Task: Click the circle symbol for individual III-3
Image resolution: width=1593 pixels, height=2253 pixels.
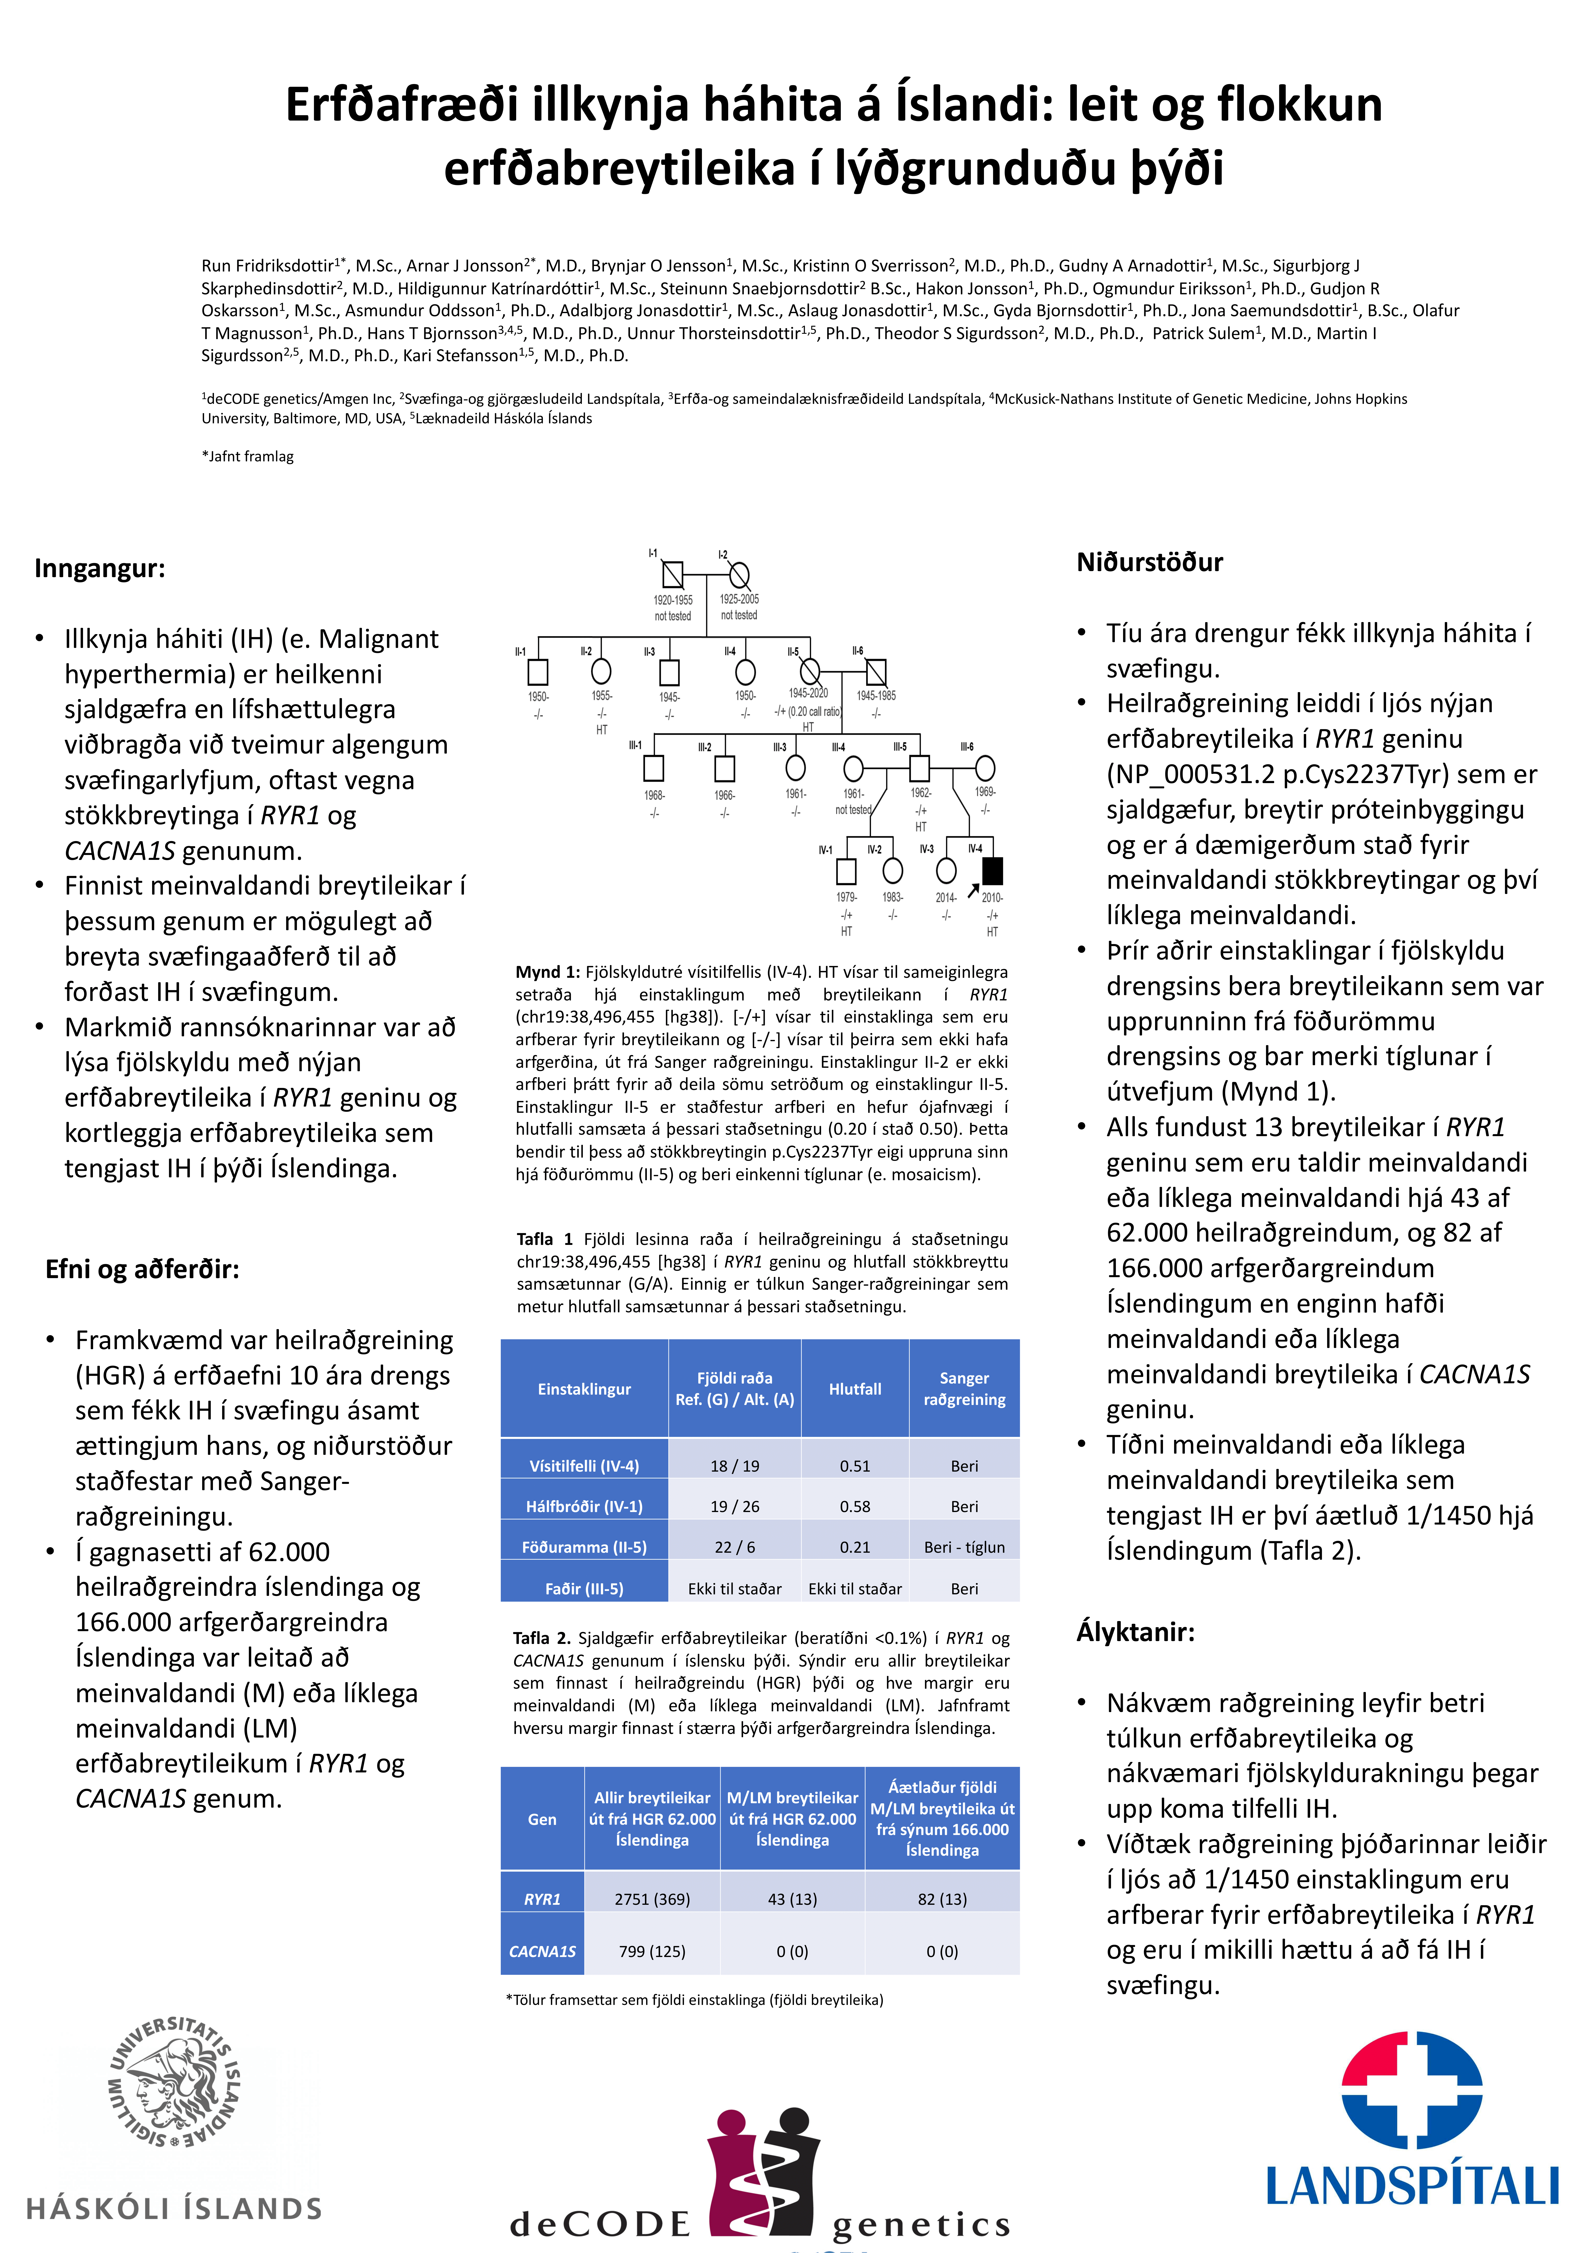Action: pyautogui.click(x=796, y=767)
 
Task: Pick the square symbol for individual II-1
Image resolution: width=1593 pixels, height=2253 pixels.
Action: pyautogui.click(x=538, y=672)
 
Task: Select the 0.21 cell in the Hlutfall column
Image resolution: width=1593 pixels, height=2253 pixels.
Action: pyautogui.click(x=854, y=1546)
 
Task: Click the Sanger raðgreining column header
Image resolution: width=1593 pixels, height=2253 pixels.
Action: pyautogui.click(x=964, y=1389)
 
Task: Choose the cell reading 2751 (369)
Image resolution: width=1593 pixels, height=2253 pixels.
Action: pyautogui.click(x=652, y=1899)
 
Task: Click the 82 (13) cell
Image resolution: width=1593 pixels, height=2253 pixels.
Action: pyautogui.click(x=942, y=1899)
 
